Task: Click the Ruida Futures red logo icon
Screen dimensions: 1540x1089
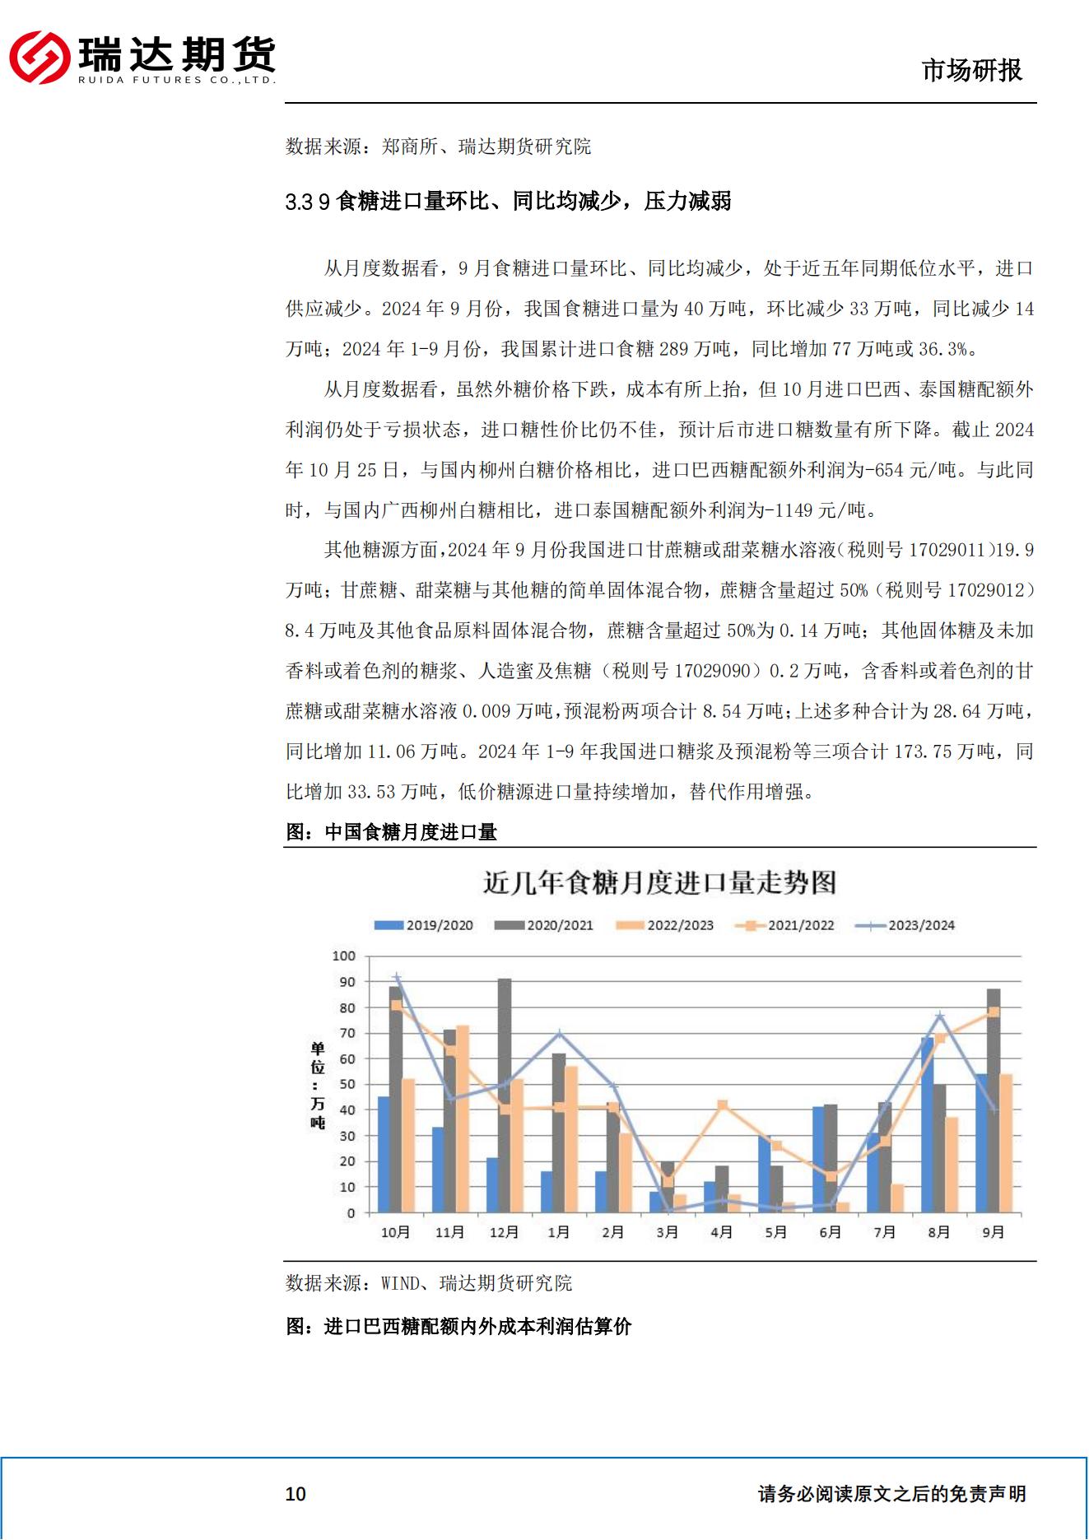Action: click(x=39, y=57)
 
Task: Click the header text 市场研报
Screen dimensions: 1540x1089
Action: click(x=971, y=71)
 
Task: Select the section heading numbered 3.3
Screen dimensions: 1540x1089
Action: click(x=508, y=201)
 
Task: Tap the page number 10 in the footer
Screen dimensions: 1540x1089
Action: click(x=295, y=1494)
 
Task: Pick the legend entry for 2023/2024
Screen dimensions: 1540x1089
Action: click(x=905, y=925)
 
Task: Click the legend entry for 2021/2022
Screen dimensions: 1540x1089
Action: click(x=785, y=925)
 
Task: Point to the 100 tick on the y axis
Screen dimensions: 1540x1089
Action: click(x=344, y=956)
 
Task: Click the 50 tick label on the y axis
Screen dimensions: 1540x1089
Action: click(x=347, y=1085)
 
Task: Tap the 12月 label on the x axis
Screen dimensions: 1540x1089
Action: click(x=504, y=1232)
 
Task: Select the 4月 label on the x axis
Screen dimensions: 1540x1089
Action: click(x=721, y=1232)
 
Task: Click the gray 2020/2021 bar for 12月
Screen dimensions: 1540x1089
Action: click(x=504, y=1095)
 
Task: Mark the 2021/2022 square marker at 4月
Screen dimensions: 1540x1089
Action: click(x=722, y=1105)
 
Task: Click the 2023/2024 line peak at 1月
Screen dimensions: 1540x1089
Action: click(x=559, y=1034)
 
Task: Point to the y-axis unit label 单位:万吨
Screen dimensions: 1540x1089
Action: click(x=318, y=1085)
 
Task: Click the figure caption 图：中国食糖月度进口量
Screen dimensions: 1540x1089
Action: click(x=391, y=832)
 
